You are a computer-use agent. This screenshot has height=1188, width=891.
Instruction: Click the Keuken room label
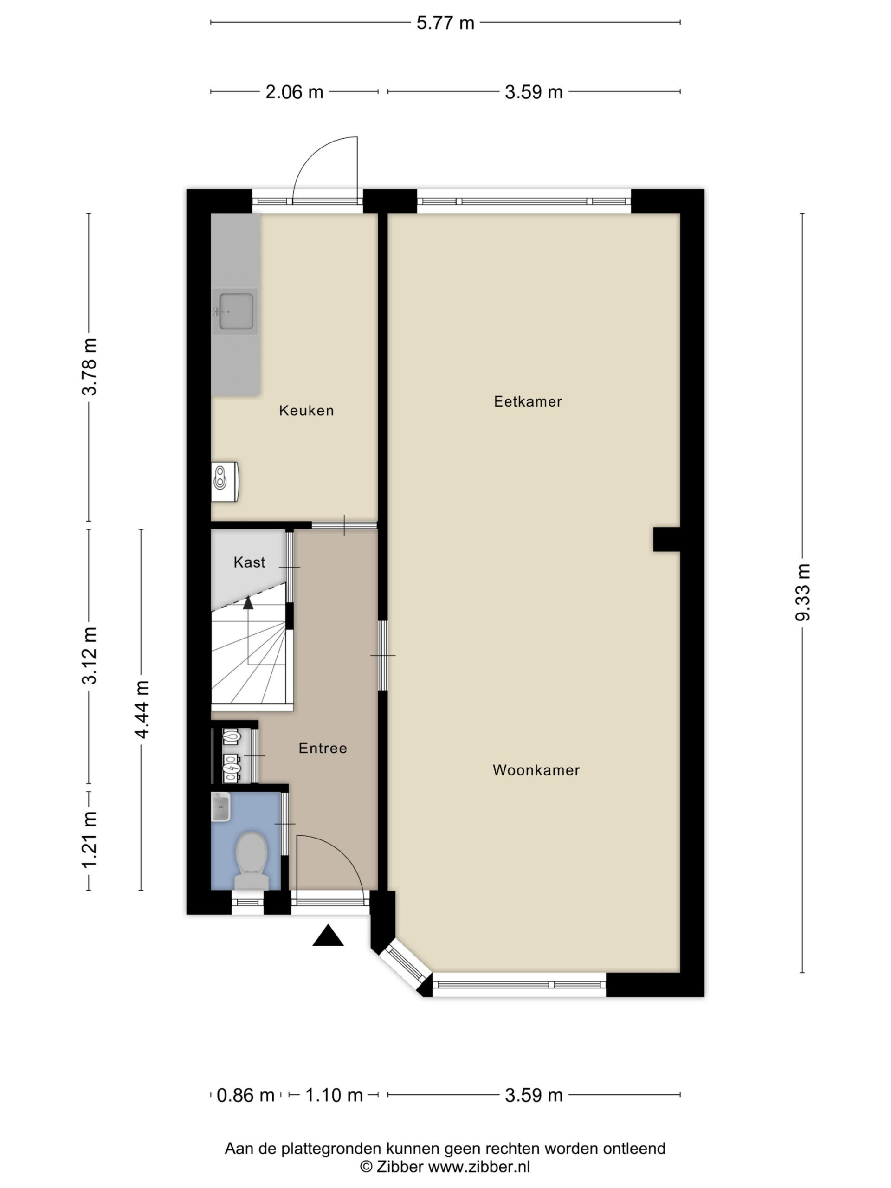click(x=306, y=411)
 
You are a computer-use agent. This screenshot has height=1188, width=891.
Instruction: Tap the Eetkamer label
click(x=528, y=402)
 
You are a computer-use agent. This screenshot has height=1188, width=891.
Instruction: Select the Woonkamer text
click(x=536, y=770)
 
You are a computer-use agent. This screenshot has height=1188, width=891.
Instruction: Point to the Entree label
click(x=323, y=748)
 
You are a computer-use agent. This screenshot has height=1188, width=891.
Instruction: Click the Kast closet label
click(x=249, y=562)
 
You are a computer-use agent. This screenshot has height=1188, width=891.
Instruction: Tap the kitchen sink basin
click(x=235, y=311)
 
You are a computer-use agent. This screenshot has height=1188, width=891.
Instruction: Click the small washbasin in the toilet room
click(x=221, y=808)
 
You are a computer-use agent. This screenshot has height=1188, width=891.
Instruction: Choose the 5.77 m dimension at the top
click(x=445, y=23)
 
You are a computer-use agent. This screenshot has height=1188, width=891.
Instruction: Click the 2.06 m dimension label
click(x=294, y=92)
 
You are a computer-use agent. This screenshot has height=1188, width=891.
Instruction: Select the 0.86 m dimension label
click(x=245, y=1095)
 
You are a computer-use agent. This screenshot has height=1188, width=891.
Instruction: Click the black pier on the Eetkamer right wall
click(x=666, y=539)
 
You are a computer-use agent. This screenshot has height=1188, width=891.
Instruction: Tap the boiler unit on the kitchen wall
click(x=225, y=482)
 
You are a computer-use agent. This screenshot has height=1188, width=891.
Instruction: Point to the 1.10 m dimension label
click(x=334, y=1095)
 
